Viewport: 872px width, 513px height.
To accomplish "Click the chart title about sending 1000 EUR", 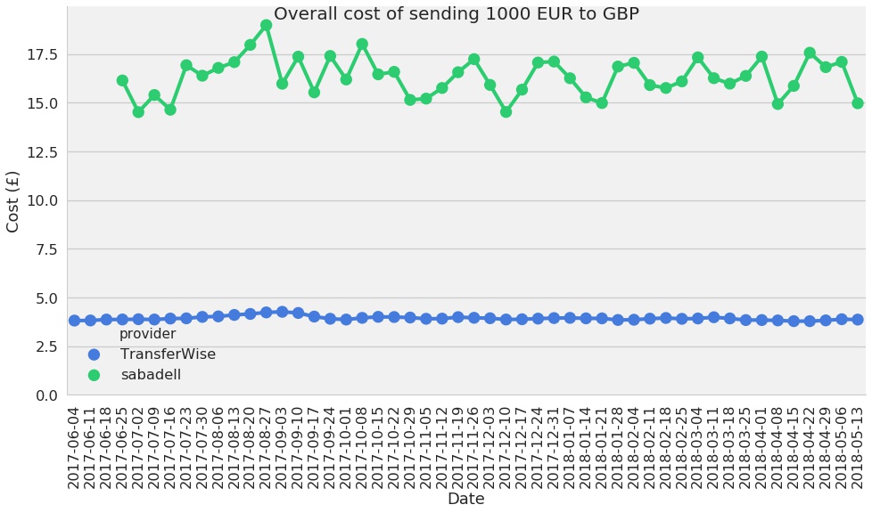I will tap(456, 14).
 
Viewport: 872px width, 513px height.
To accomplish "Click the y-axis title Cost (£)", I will tap(13, 201).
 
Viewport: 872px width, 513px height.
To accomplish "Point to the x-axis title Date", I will tap(465, 500).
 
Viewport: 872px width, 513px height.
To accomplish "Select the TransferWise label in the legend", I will tap(168, 354).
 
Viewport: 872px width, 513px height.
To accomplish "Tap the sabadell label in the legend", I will tap(151, 375).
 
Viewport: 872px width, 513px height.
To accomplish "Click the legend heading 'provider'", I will tap(147, 334).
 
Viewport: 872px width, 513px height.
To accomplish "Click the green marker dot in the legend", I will tap(95, 375).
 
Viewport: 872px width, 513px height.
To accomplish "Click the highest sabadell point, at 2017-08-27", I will tap(266, 25).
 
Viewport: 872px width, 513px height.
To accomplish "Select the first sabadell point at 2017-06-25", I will tap(122, 80).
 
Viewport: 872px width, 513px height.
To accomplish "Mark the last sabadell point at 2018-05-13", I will tap(857, 103).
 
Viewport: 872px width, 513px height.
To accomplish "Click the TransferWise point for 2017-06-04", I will tap(74, 321).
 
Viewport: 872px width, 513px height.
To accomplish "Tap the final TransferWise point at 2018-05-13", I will tap(857, 319).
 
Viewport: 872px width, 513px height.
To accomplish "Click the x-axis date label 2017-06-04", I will tap(75, 447).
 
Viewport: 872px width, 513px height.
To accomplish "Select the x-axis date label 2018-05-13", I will tap(857, 447).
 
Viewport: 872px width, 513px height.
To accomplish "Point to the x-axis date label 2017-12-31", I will tap(554, 447).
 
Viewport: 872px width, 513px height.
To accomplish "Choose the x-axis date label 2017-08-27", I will tap(266, 447).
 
